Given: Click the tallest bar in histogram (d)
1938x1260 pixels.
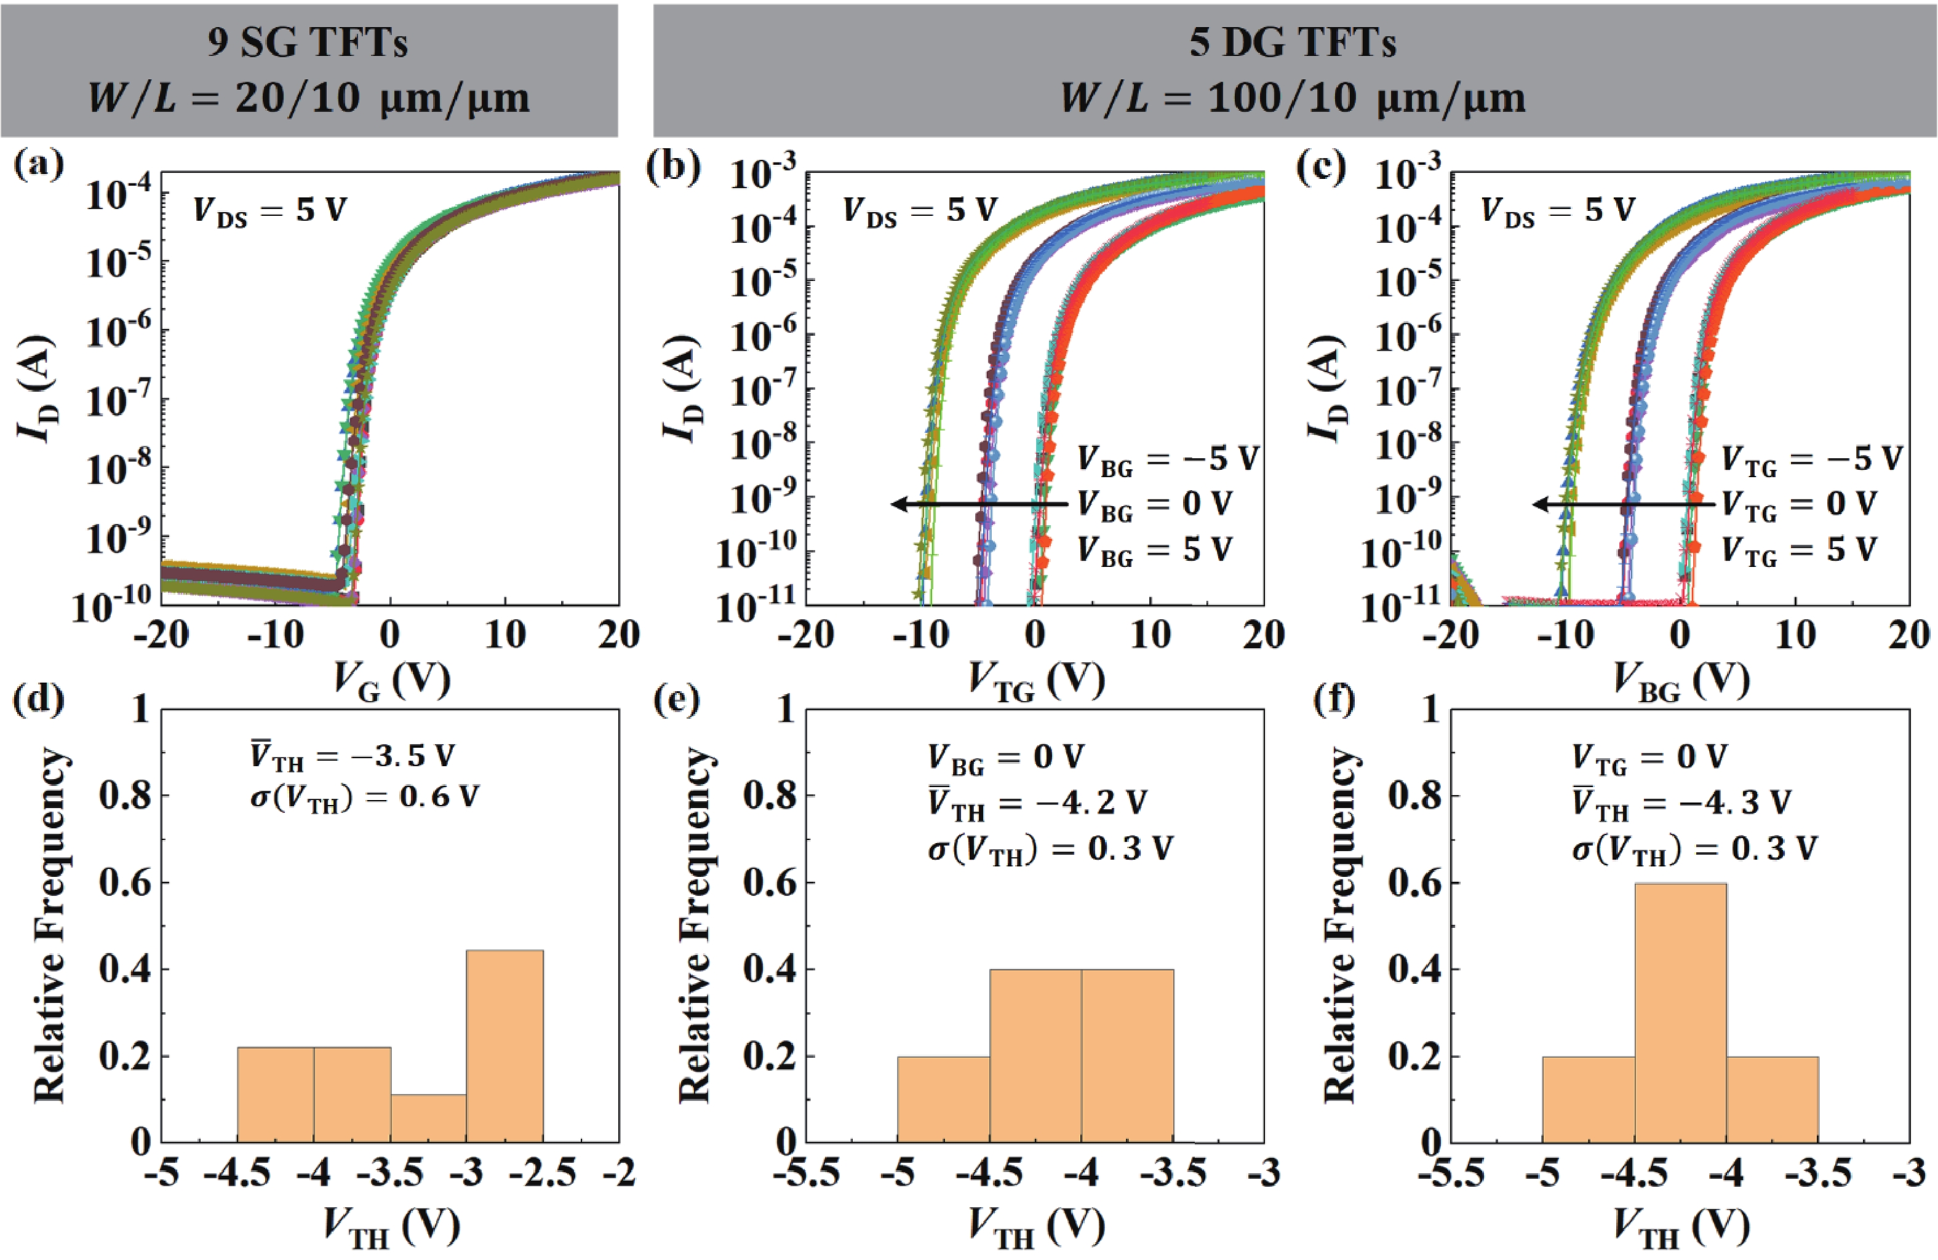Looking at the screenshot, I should click(x=505, y=1046).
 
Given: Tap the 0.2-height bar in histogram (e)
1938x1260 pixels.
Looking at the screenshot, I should click(x=944, y=1099).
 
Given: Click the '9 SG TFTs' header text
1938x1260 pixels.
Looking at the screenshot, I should click(x=308, y=42).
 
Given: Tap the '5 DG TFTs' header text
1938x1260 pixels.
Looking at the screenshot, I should click(x=1293, y=42).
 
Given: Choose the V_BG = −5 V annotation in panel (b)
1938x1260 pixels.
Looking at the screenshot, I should click(x=1168, y=460).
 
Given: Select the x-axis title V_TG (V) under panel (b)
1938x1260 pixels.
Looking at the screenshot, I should click(x=1036, y=680).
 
